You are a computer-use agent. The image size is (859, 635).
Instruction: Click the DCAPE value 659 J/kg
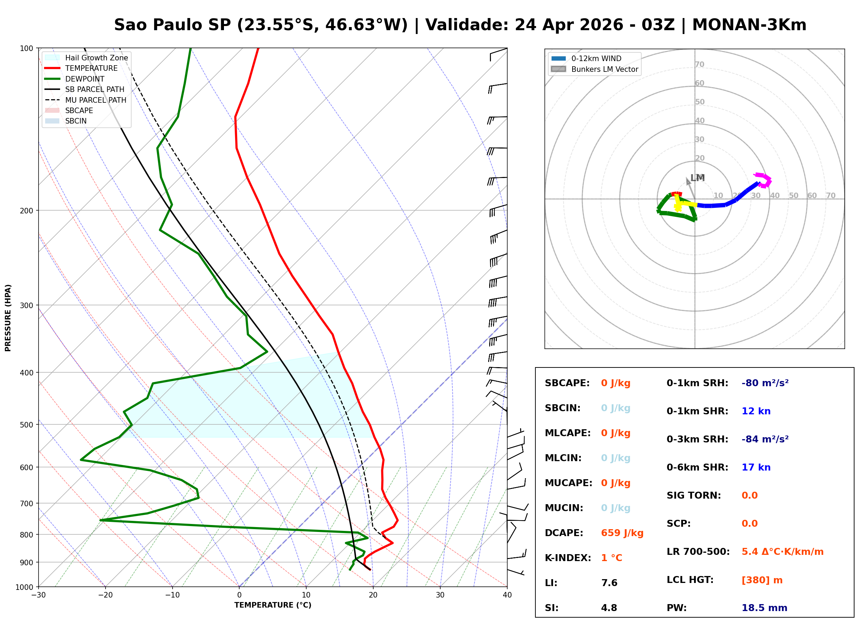coord(622,533)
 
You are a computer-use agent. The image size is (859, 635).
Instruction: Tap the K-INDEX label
coord(568,558)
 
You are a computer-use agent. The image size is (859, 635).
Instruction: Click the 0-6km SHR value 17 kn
coord(756,467)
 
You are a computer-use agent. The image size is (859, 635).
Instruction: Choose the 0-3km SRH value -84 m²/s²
coord(765,439)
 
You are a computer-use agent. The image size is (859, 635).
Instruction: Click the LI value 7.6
coord(609,583)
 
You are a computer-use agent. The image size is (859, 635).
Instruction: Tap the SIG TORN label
coord(693,495)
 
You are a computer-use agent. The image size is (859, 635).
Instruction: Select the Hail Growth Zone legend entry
coord(96,58)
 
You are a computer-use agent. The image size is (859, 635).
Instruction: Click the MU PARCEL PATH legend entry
coord(95,100)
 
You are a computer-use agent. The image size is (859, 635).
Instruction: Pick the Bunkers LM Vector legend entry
coord(604,69)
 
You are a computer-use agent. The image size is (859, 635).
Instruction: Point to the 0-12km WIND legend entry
coord(596,58)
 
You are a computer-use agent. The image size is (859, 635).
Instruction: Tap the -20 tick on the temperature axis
coord(105,595)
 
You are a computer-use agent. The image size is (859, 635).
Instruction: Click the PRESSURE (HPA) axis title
coord(8,317)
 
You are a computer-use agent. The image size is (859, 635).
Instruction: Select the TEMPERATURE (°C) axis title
coord(273,605)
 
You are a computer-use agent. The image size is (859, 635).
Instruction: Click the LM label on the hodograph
coord(697,178)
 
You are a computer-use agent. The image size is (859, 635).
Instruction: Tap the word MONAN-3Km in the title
coord(749,25)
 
